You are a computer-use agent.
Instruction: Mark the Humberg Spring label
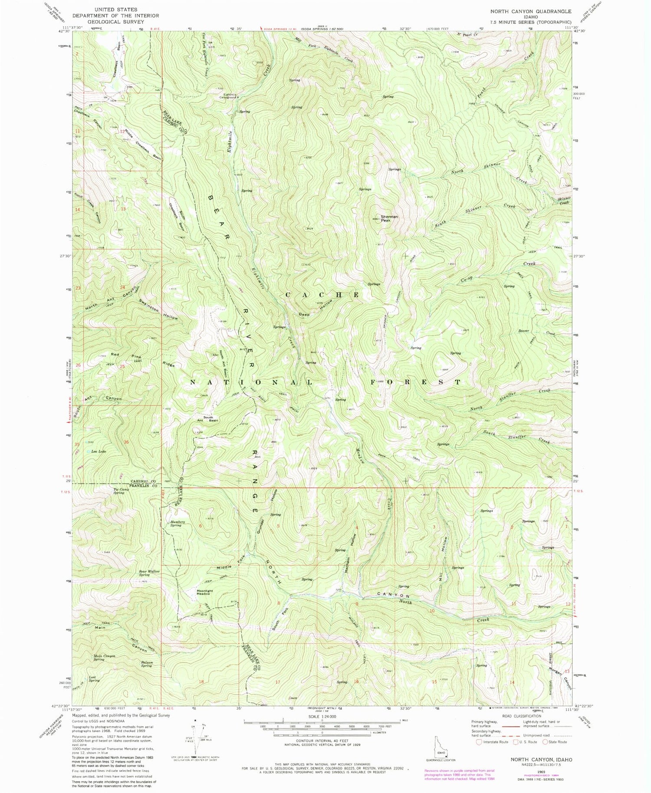pyautogui.click(x=176, y=523)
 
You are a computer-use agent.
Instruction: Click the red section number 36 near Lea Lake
pyautogui.click(x=126, y=441)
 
